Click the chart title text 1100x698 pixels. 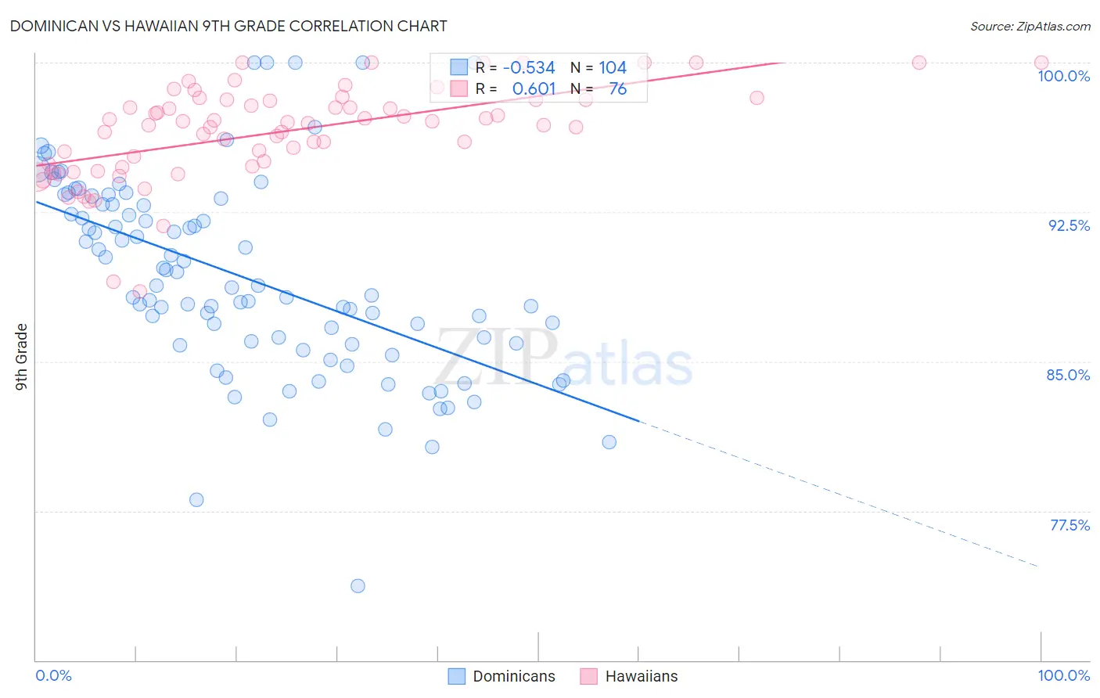pyautogui.click(x=228, y=26)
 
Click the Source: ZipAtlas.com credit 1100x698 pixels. pyautogui.click(x=1030, y=27)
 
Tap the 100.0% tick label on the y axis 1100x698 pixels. pyautogui.click(x=1063, y=76)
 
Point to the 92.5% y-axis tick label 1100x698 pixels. pyautogui.click(x=1069, y=225)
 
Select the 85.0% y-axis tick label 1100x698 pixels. pyautogui.click(x=1068, y=375)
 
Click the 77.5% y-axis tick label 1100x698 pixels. pyautogui.click(x=1069, y=525)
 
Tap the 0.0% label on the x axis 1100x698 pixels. pyautogui.click(x=53, y=675)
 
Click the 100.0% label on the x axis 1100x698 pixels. pyautogui.click(x=1063, y=675)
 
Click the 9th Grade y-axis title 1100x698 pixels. pyautogui.click(x=22, y=357)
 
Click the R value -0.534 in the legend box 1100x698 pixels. pyautogui.click(x=529, y=68)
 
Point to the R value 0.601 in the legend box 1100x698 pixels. pyautogui.click(x=534, y=89)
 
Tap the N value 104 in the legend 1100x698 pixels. pyautogui.click(x=613, y=68)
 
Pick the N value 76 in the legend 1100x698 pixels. pyautogui.click(x=617, y=89)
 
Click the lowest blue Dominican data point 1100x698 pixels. pyautogui.click(x=358, y=586)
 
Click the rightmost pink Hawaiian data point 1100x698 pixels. pyautogui.click(x=1041, y=63)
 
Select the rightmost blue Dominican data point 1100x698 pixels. pyautogui.click(x=609, y=442)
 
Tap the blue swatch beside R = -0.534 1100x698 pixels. pyautogui.click(x=458, y=68)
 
